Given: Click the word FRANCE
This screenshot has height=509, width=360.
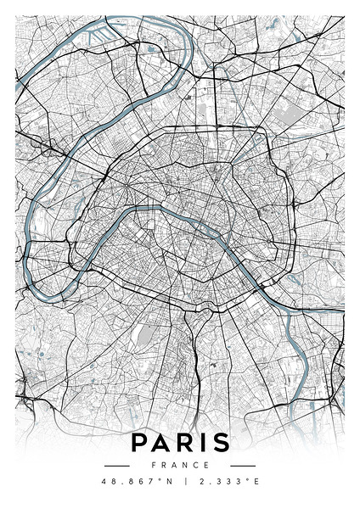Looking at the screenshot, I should click(x=180, y=465).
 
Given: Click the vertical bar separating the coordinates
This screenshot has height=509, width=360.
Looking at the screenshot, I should click(x=180, y=482).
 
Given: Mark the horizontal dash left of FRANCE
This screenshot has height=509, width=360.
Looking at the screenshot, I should click(x=116, y=465).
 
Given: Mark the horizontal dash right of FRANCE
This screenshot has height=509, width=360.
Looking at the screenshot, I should click(x=243, y=465).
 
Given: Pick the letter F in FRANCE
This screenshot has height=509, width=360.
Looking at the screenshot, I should click(x=154, y=465).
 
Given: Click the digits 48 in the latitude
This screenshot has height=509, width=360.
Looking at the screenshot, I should click(x=108, y=482).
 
